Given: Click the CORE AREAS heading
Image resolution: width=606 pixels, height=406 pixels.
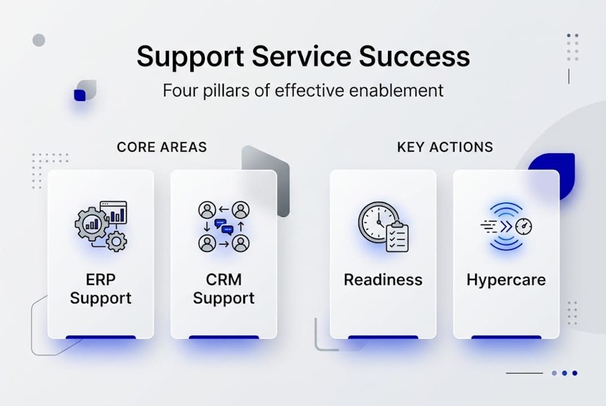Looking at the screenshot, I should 162,148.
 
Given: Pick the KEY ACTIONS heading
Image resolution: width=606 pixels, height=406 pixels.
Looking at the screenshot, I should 445,148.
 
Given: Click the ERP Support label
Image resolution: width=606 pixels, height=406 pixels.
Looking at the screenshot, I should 101,289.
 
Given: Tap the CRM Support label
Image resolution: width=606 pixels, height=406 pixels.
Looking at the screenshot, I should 224,289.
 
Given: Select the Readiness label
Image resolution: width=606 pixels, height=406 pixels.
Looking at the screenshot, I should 383,280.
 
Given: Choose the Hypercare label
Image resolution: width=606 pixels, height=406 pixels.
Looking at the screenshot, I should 506,280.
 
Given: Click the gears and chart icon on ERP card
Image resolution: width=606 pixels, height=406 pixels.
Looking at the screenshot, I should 101,226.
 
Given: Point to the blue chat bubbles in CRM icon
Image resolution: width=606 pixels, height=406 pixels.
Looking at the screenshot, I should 224,227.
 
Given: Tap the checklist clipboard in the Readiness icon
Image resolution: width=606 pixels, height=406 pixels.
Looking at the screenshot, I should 397,237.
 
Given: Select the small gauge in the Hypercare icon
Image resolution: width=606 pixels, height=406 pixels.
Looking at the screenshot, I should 525,227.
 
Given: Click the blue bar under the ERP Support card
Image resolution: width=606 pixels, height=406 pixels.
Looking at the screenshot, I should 101,337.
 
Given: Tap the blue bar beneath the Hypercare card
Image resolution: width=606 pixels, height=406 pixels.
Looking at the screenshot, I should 506,337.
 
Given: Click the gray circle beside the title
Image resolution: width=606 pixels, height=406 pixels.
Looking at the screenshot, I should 39,40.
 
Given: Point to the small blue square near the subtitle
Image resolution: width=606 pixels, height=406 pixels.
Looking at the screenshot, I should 80,95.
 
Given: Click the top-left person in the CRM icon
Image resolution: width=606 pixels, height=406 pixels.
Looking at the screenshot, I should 207,210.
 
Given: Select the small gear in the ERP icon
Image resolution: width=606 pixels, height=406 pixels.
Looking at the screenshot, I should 117,241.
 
